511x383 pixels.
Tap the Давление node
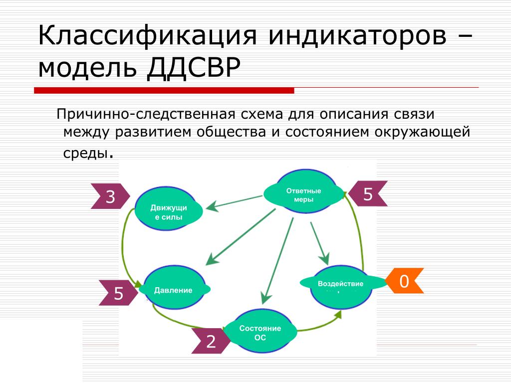point(174,289)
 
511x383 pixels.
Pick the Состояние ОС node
point(260,332)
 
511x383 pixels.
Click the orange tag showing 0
point(404,281)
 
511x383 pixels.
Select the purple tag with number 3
point(110,197)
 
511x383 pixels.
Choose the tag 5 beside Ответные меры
point(368,194)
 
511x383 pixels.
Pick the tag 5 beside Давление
point(118,293)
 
